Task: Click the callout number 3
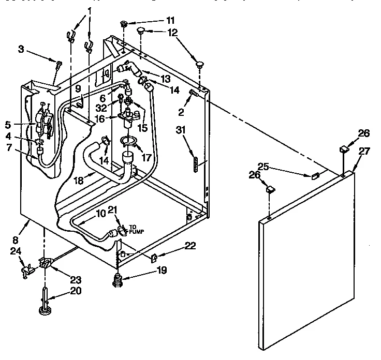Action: [x=21, y=49]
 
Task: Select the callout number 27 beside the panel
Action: [x=364, y=151]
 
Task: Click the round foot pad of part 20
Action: [x=43, y=311]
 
